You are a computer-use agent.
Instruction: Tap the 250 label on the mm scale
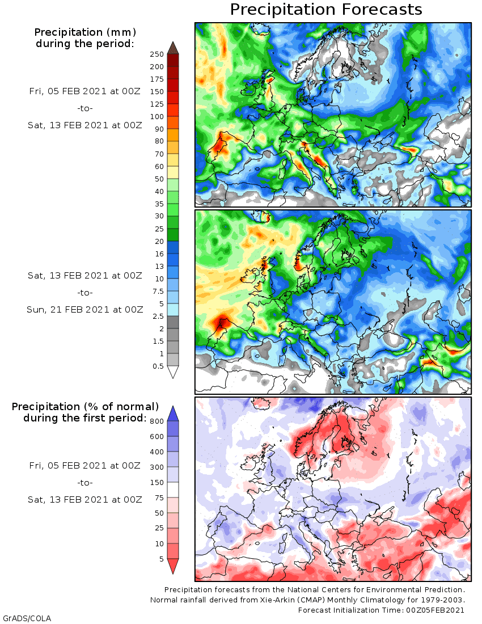[157, 54]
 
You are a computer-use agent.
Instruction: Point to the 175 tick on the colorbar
[157, 79]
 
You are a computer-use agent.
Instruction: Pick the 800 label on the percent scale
[157, 421]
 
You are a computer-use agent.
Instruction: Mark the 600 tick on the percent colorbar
[157, 436]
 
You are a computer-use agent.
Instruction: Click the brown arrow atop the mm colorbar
[174, 47]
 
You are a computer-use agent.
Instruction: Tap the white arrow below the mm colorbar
[174, 372]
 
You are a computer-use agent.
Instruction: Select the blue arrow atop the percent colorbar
[174, 413]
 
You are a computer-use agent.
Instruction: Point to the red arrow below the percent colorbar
[174, 566]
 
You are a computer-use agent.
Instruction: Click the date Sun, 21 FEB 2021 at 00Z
[85, 309]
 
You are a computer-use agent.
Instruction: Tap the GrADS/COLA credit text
[23, 618]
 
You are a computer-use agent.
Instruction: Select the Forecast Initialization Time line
[382, 610]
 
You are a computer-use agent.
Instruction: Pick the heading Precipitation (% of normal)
[85, 407]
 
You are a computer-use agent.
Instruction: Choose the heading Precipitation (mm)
[85, 32]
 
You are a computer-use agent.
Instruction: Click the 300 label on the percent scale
[157, 467]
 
